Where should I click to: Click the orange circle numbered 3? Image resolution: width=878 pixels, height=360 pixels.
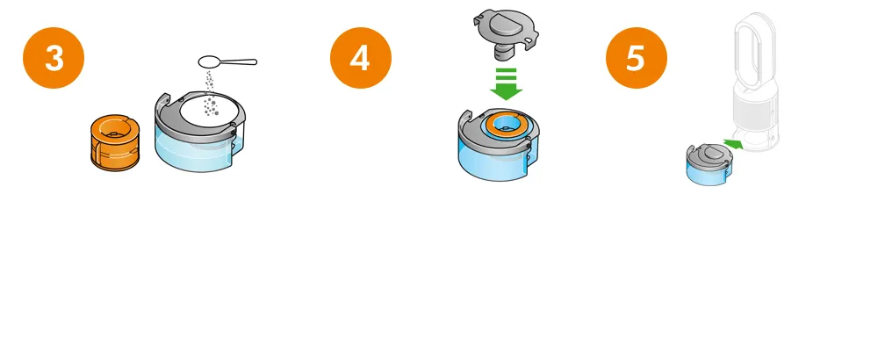coord(54,58)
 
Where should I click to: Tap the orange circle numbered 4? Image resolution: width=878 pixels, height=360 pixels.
coord(361,58)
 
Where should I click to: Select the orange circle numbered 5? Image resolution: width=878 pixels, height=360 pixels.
coord(636,58)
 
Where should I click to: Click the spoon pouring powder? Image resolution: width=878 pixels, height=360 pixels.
coord(227,61)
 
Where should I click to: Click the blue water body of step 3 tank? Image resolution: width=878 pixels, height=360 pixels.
coord(193,149)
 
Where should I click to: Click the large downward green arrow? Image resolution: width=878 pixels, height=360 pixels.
coord(507,84)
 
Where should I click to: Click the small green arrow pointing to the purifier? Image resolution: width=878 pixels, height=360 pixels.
coord(733,145)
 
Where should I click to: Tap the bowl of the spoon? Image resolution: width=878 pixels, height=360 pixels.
coord(211,61)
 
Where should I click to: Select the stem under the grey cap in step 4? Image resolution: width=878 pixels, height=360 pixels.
coord(502,52)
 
